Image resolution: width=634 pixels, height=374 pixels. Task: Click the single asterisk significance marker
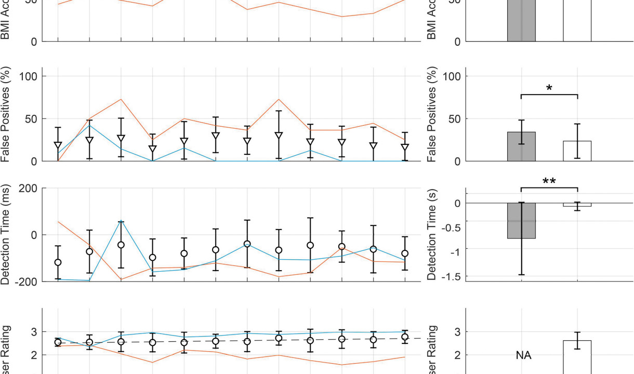(x=549, y=88)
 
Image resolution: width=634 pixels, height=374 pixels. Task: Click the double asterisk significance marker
(x=549, y=181)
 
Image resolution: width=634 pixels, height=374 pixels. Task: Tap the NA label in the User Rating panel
(x=523, y=356)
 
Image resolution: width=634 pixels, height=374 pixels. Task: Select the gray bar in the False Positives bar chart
(x=521, y=146)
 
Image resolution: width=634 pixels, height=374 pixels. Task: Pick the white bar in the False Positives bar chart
(x=577, y=151)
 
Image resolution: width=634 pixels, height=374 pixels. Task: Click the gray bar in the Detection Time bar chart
(x=521, y=221)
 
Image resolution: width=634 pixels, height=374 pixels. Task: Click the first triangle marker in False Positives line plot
(x=58, y=146)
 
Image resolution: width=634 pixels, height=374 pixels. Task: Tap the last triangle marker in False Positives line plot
(x=405, y=148)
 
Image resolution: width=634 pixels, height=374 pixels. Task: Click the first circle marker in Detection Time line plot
(x=58, y=262)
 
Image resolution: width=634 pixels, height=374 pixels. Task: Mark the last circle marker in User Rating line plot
(x=405, y=337)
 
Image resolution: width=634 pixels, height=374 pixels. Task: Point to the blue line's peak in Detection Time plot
(x=121, y=221)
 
